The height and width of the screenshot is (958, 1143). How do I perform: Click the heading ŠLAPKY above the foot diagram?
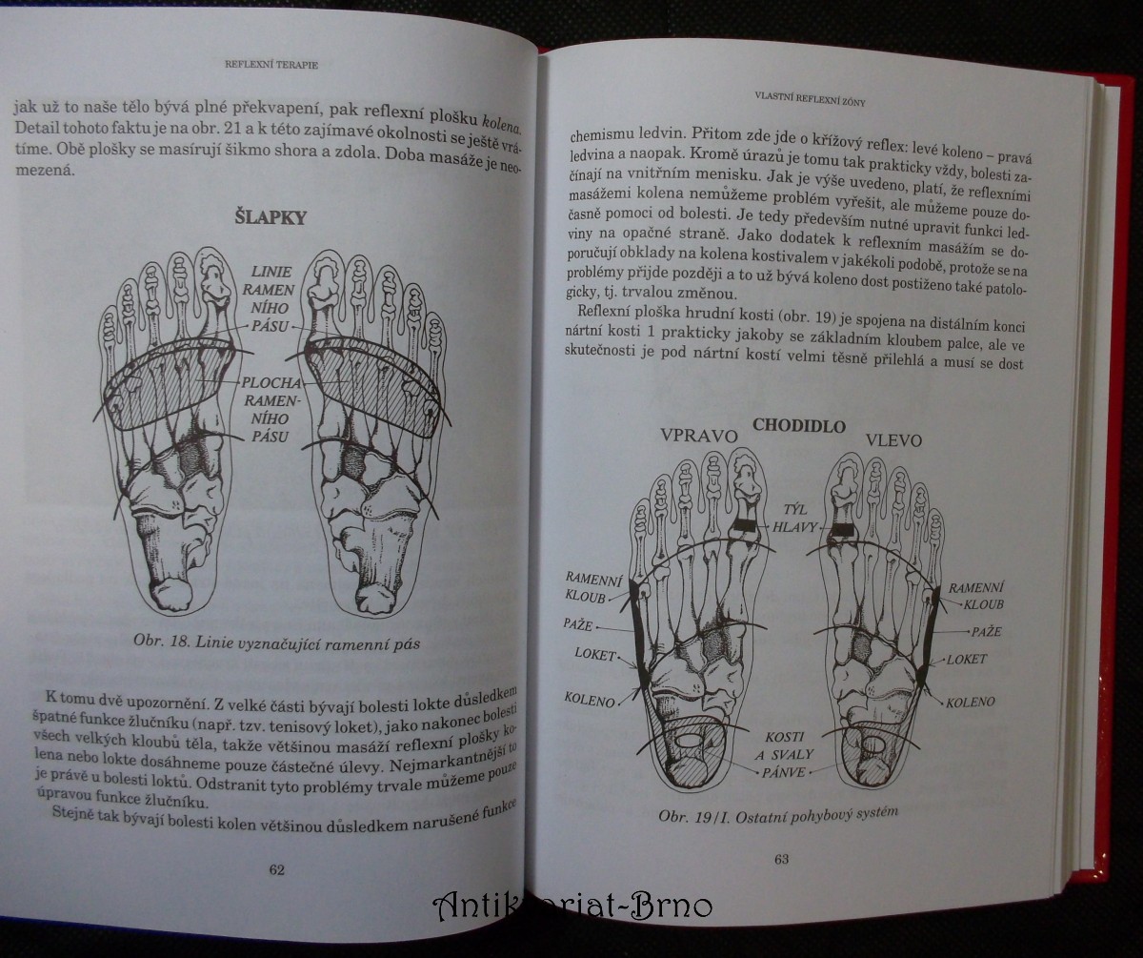coord(271,217)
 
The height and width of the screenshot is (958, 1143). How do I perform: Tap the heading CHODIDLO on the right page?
coord(799,425)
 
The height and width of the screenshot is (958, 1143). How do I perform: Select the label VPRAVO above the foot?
coord(699,436)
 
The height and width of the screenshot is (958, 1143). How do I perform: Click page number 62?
coord(277,869)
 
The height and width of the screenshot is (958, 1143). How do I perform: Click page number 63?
coord(781,859)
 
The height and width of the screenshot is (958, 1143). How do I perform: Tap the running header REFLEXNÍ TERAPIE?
coord(271,65)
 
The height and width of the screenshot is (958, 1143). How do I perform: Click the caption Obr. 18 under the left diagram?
coord(276,642)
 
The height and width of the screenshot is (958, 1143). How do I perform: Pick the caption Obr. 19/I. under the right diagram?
coord(778,814)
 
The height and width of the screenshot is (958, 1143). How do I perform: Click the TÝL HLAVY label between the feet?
coord(794,519)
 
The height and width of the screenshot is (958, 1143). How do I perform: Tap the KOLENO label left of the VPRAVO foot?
coord(590,700)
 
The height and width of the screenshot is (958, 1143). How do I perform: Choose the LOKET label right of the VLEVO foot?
coord(967,660)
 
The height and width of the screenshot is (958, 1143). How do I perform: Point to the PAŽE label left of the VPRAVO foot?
coord(577,624)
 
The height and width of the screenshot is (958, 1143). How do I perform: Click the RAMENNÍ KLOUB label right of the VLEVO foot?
coord(976,596)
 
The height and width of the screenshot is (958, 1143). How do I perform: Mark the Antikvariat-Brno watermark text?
coord(572,907)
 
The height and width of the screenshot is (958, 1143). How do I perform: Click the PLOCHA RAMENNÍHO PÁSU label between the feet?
coord(271,410)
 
